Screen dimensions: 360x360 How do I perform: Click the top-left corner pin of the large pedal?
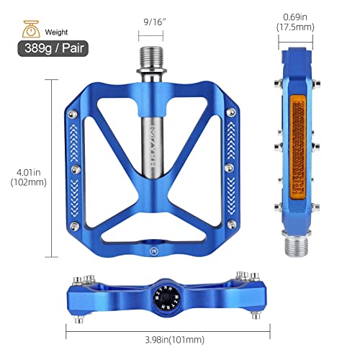(75, 113)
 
